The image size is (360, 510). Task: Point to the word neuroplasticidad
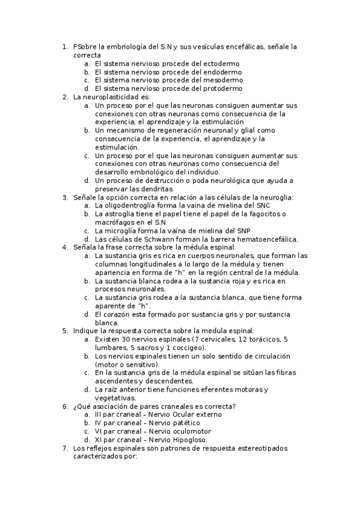111,97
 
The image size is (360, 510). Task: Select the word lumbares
110,348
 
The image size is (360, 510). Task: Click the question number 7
65,448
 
